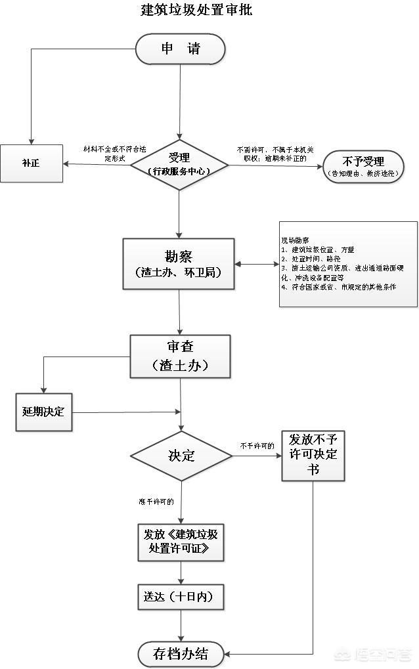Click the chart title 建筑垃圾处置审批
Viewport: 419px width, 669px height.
(196, 10)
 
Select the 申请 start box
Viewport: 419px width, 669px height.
(181, 49)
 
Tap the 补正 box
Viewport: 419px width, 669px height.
(32, 163)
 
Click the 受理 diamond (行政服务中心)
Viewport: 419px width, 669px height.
(179, 164)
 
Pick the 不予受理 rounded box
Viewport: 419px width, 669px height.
(363, 166)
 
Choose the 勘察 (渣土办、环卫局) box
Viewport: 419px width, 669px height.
(179, 263)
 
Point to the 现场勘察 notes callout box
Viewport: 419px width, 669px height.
(348, 264)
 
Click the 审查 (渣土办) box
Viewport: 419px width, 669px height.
(180, 356)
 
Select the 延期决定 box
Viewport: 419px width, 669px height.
(43, 412)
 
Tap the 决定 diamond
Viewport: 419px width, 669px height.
(181, 456)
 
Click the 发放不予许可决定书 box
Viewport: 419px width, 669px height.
(313, 456)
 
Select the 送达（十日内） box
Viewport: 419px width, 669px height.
(181, 597)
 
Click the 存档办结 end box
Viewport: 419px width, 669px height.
(181, 654)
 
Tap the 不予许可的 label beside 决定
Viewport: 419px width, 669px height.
(257, 446)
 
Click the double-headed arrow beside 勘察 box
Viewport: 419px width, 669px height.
(257, 265)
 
